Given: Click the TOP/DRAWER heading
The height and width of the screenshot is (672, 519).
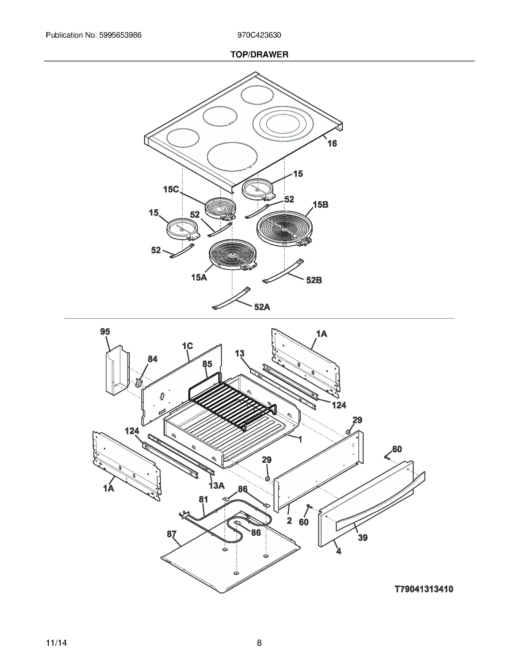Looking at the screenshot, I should (x=259, y=55).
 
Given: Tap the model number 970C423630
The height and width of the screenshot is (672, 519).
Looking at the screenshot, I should (x=259, y=35).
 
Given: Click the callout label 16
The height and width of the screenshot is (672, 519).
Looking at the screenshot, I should (x=332, y=143).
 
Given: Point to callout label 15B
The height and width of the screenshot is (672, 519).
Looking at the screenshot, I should (x=320, y=205).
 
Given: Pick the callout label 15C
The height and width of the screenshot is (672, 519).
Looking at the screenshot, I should (x=171, y=189).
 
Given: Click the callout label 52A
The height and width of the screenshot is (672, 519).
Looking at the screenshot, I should (x=262, y=307).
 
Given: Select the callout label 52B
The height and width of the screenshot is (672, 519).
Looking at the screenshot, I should (x=314, y=280).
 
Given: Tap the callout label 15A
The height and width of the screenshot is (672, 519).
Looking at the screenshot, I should (x=199, y=277).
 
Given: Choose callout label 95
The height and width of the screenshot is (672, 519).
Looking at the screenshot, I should (x=105, y=332).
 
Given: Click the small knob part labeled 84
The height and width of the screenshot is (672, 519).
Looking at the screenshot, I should (x=139, y=383).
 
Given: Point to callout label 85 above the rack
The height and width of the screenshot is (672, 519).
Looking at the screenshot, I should (x=207, y=364).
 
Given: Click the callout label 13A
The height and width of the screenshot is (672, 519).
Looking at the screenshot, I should (x=216, y=485).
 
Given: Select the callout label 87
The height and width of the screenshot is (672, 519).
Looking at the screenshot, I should (x=172, y=534).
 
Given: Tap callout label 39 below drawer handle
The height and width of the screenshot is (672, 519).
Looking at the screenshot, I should (x=363, y=538).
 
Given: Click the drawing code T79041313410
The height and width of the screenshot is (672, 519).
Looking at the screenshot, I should (x=424, y=589).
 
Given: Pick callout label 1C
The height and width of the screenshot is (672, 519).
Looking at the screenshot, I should (x=187, y=346).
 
